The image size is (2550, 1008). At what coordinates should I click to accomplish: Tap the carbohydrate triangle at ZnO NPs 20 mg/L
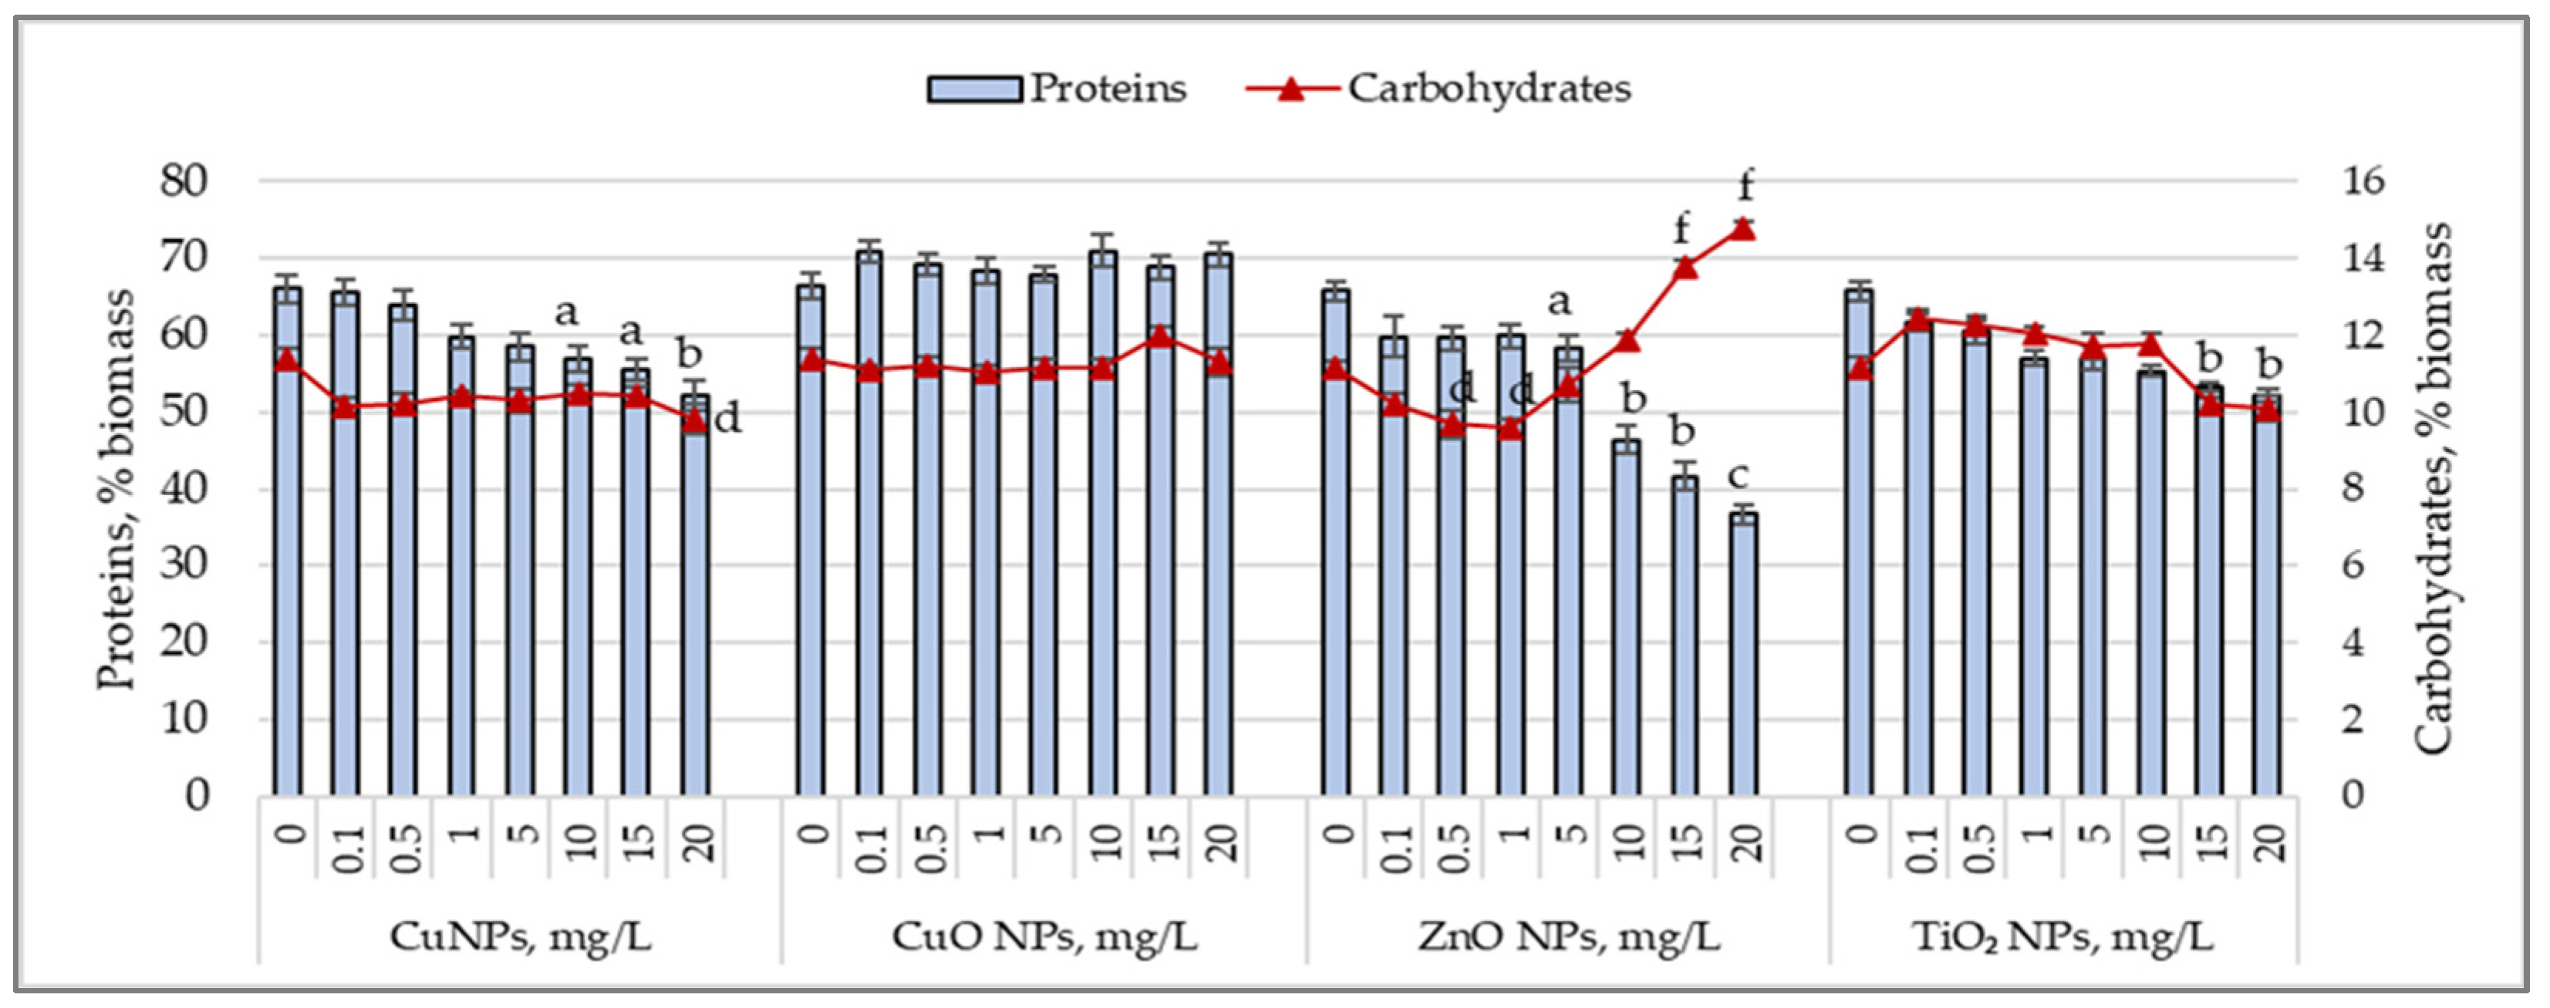click(x=1743, y=230)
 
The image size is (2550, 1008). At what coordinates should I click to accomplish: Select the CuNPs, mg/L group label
click(x=520, y=936)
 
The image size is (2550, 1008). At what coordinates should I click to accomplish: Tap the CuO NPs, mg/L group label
click(x=1044, y=936)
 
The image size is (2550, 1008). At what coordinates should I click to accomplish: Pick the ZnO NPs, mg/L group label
click(x=1568, y=936)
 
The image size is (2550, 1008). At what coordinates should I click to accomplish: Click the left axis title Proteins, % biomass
click(x=116, y=491)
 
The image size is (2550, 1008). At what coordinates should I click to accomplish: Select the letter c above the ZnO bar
click(x=1739, y=477)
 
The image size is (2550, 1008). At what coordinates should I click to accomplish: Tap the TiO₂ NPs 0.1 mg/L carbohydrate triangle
click(x=1918, y=319)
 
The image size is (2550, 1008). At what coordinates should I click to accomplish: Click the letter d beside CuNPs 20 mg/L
click(x=727, y=420)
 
